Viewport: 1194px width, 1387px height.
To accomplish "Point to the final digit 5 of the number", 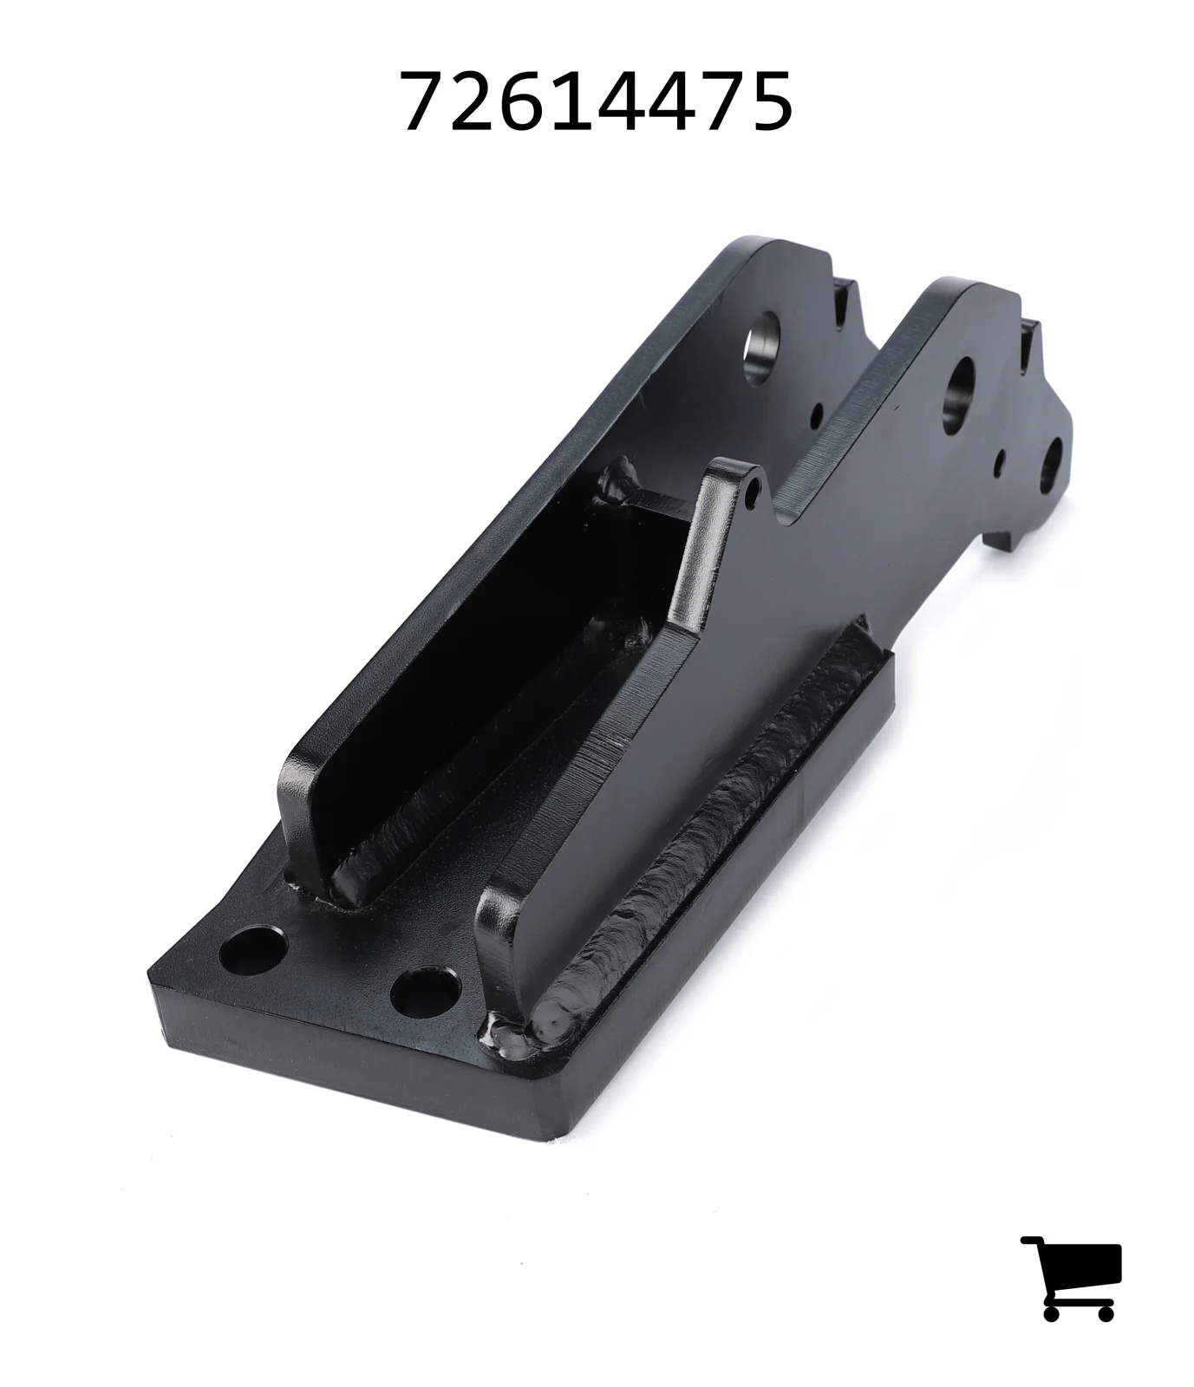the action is click(768, 102).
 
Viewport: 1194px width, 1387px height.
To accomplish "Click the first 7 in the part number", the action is click(424, 102).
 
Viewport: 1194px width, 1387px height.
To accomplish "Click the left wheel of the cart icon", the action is click(1053, 1312).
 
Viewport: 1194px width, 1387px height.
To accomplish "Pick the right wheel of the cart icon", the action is click(1106, 1312).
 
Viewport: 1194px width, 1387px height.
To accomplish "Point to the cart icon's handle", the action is click(1033, 1242).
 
